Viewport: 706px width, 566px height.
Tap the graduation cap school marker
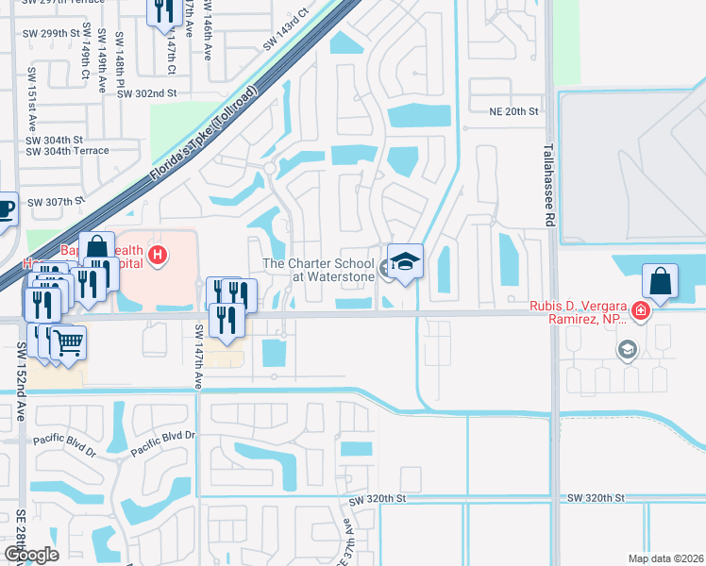point(405,262)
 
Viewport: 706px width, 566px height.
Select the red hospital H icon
point(159,255)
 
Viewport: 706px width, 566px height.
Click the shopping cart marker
point(68,342)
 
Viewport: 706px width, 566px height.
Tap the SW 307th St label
point(56,202)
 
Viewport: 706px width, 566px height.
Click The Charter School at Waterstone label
point(318,271)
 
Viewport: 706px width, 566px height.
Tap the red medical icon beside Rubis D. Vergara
point(640,311)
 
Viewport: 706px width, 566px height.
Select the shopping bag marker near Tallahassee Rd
point(660,281)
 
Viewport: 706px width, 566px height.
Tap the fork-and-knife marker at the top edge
point(165,9)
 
